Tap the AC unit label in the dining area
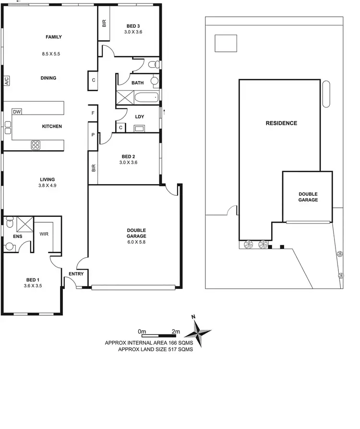coord(7,81)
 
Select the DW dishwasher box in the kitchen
coord(17,112)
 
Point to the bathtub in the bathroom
coord(146,98)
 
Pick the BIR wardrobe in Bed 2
coord(93,168)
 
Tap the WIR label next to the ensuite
coord(43,235)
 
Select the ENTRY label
coord(76,274)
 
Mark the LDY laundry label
coord(140,117)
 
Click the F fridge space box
coord(93,113)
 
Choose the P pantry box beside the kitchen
coord(93,135)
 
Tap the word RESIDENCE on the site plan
coord(281,123)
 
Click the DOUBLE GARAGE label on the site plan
coord(308,197)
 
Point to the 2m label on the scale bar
coord(175,332)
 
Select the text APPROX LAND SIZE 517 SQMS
coord(155,350)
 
